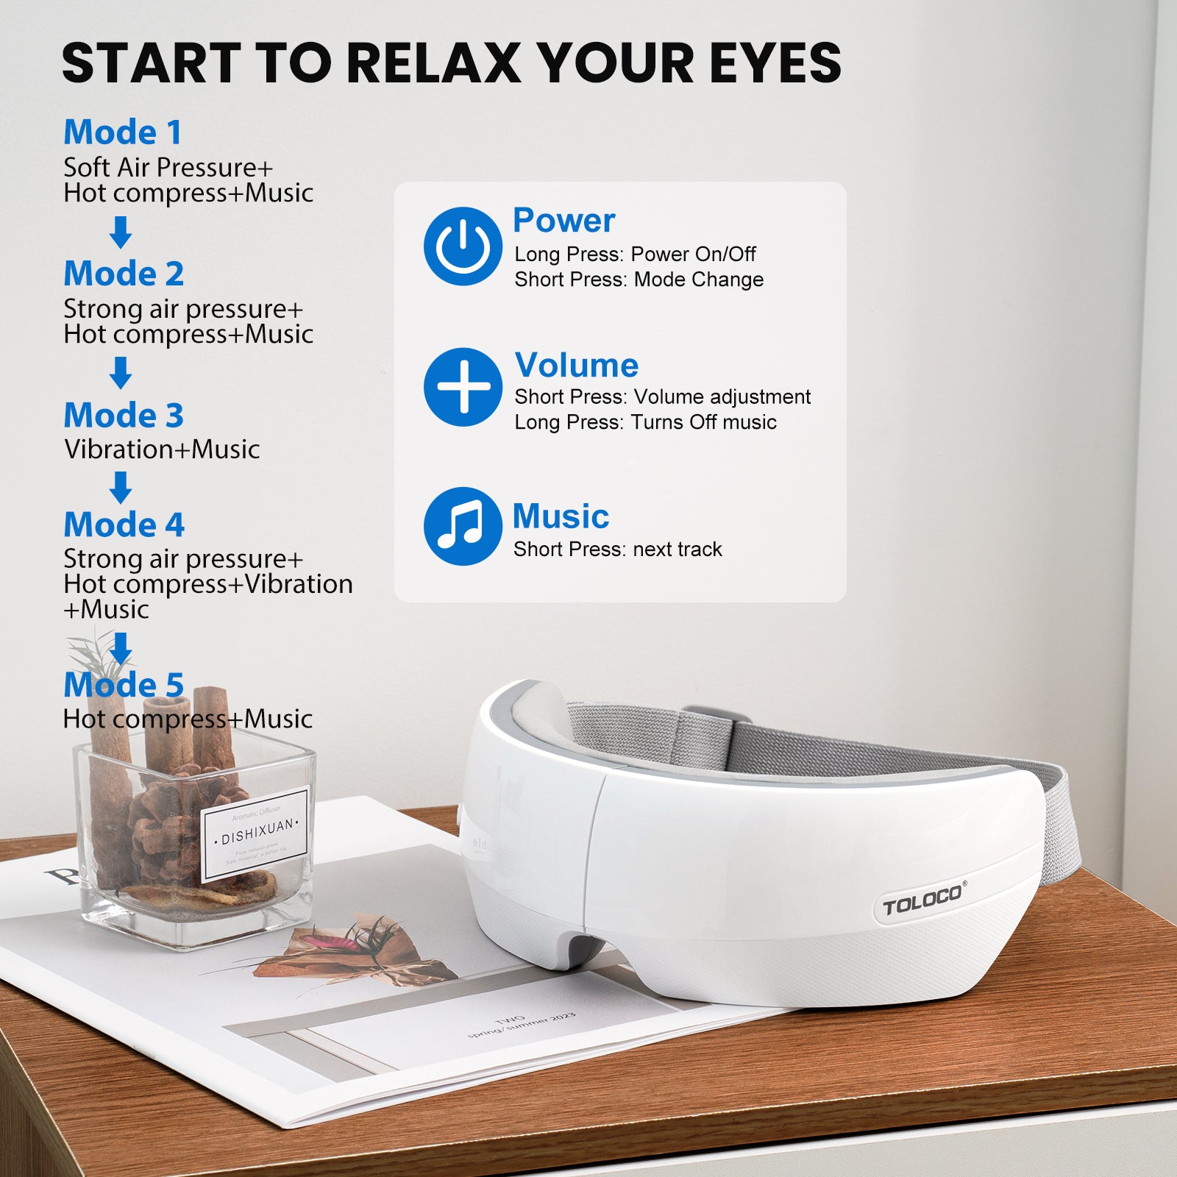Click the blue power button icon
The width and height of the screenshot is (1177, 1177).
463,246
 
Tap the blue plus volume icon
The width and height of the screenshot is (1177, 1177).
463,387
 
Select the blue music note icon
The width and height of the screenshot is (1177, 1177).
463,526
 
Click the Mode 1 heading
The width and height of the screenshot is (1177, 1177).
122,133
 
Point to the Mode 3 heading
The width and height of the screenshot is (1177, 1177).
124,416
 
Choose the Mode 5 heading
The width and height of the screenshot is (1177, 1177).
124,685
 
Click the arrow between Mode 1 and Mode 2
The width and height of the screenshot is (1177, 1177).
121,232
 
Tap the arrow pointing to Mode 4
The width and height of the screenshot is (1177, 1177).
121,488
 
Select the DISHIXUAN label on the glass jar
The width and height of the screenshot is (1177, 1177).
256,833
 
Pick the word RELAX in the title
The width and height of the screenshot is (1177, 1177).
433,63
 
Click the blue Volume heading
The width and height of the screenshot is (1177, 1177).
577,366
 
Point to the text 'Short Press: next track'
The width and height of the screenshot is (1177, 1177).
618,550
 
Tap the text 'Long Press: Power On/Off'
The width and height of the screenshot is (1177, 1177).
635,255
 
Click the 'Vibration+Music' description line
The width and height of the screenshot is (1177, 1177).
162,449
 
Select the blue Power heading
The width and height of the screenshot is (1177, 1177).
563,221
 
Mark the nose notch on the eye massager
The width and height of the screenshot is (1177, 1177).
581,949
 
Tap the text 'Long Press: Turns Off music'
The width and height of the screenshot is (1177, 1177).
645,422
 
